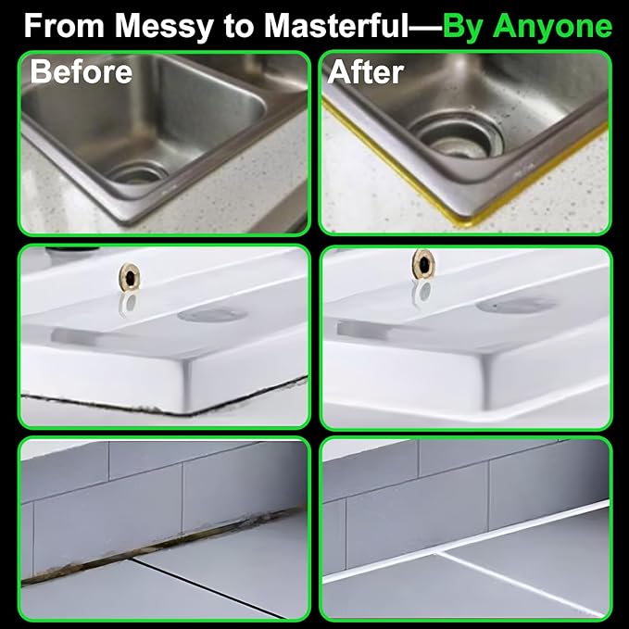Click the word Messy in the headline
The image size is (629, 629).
[x=164, y=27]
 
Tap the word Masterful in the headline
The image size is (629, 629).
[x=336, y=26]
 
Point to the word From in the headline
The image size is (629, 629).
[x=64, y=26]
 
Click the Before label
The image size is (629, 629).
[x=81, y=71]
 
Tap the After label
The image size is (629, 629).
[x=365, y=72]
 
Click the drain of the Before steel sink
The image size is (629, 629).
[x=138, y=172]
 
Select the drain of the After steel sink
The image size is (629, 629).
[x=457, y=134]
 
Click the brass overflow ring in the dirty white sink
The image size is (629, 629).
[x=129, y=276]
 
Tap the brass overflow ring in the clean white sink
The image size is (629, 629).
[x=423, y=263]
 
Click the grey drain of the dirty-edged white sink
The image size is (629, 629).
[x=212, y=315]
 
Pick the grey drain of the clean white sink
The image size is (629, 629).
[x=517, y=305]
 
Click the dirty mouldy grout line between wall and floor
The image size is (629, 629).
[x=160, y=546]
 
